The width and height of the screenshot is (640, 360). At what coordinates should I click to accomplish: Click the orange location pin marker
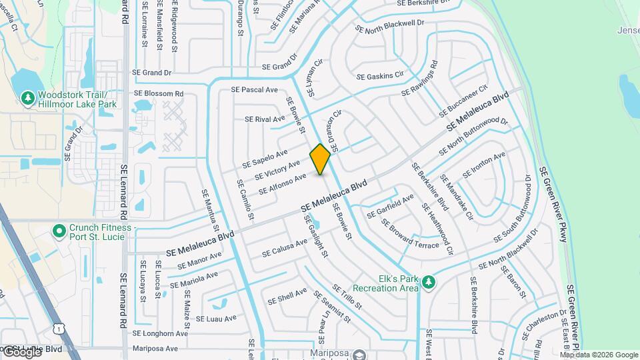pyautogui.click(x=321, y=159)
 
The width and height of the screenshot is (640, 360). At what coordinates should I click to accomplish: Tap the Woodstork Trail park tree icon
pyautogui.click(x=27, y=99)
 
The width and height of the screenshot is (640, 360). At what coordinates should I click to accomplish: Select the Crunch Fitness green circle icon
pyautogui.click(x=59, y=231)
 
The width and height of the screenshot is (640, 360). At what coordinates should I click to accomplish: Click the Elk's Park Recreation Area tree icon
pyautogui.click(x=429, y=283)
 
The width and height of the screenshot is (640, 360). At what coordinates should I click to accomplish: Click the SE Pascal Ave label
pyautogui.click(x=254, y=89)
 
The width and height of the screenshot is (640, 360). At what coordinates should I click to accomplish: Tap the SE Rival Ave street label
pyautogui.click(x=265, y=119)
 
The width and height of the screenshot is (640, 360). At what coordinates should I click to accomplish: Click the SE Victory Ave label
pyautogui.click(x=277, y=170)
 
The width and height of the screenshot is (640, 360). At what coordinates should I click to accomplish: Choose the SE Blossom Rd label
pyautogui.click(x=159, y=94)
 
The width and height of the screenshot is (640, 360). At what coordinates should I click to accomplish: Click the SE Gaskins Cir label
pyautogui.click(x=380, y=76)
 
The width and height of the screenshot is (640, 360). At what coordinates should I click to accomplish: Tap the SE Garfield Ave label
pyautogui.click(x=390, y=205)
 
